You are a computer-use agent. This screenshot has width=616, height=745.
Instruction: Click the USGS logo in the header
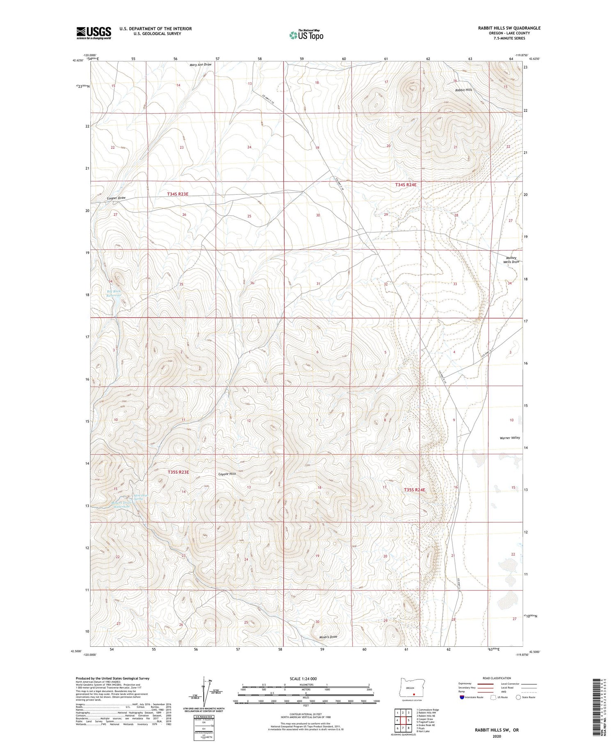(94, 33)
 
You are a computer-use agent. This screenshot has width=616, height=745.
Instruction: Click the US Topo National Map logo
(306, 35)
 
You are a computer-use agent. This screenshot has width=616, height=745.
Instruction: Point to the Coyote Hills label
(227, 474)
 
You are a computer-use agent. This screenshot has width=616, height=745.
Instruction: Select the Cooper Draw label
(116, 198)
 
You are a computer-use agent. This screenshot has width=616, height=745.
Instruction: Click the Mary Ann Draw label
(200, 65)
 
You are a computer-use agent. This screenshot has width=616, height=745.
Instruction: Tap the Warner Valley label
(510, 438)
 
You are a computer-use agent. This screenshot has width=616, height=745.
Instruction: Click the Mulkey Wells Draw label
(511, 260)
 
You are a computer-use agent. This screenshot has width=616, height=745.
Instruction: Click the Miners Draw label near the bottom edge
(328, 637)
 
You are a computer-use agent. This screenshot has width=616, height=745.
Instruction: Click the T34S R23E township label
(177, 194)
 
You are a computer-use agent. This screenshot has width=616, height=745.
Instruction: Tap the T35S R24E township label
(414, 490)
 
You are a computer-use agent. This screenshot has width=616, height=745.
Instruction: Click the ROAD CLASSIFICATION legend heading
(496, 678)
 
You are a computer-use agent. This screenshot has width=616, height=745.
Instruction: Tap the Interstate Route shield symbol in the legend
(462, 697)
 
